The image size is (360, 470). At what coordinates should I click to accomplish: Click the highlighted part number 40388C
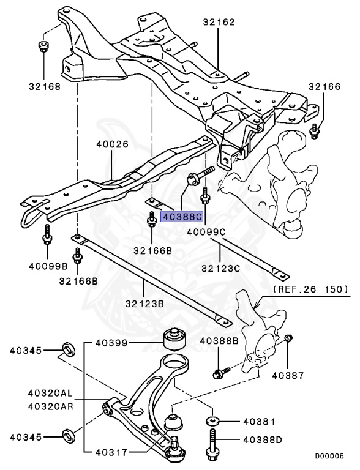[x=181, y=216]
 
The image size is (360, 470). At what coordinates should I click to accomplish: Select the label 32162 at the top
[x=219, y=23]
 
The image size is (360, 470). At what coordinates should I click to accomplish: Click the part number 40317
[x=112, y=453]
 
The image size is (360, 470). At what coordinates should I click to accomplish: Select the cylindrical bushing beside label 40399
[x=173, y=338]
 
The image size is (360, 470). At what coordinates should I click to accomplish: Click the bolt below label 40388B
[x=221, y=371]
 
